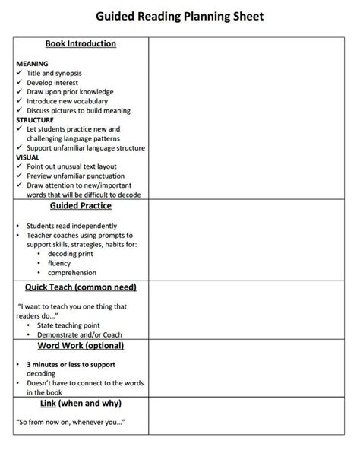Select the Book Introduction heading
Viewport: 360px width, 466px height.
click(x=81, y=44)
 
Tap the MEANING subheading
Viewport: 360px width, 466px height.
click(x=32, y=63)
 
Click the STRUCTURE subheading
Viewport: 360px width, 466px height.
click(x=35, y=119)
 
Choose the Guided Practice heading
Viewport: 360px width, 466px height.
click(x=81, y=206)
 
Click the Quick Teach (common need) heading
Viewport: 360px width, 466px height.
click(x=81, y=287)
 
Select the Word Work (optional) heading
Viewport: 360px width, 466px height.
click(x=81, y=346)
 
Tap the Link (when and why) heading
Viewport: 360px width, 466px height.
click(x=81, y=403)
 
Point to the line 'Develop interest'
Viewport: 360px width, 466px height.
click(x=52, y=82)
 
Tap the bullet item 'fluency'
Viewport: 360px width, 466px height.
click(x=59, y=263)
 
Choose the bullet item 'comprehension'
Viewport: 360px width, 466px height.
click(x=72, y=272)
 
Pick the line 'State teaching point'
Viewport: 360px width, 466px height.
click(x=69, y=325)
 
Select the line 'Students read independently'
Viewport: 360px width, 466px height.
click(x=71, y=226)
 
